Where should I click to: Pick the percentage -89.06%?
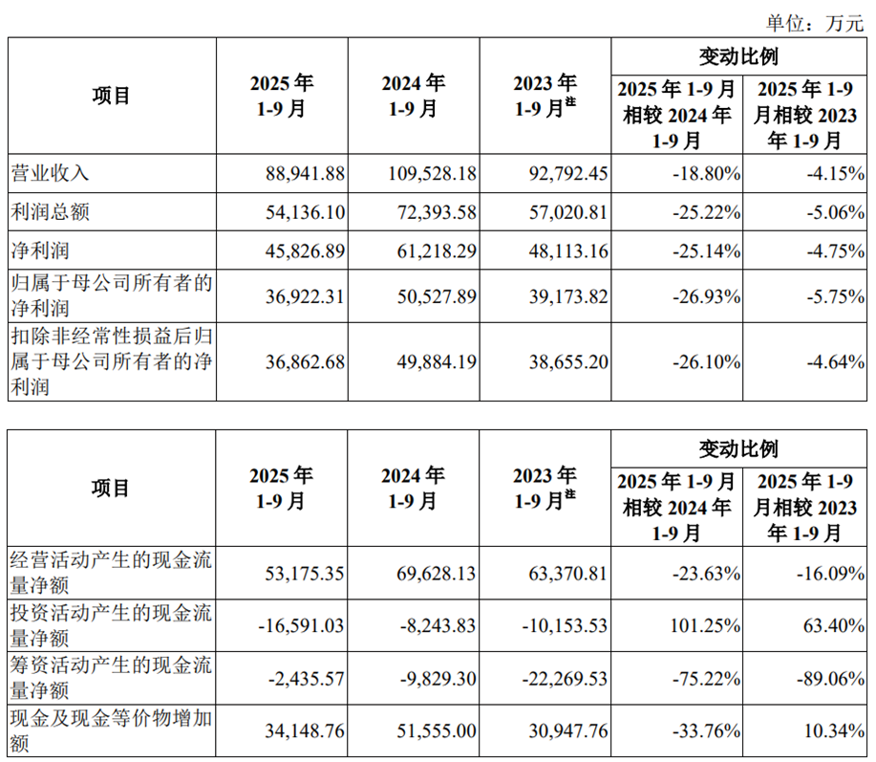point(829,679)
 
